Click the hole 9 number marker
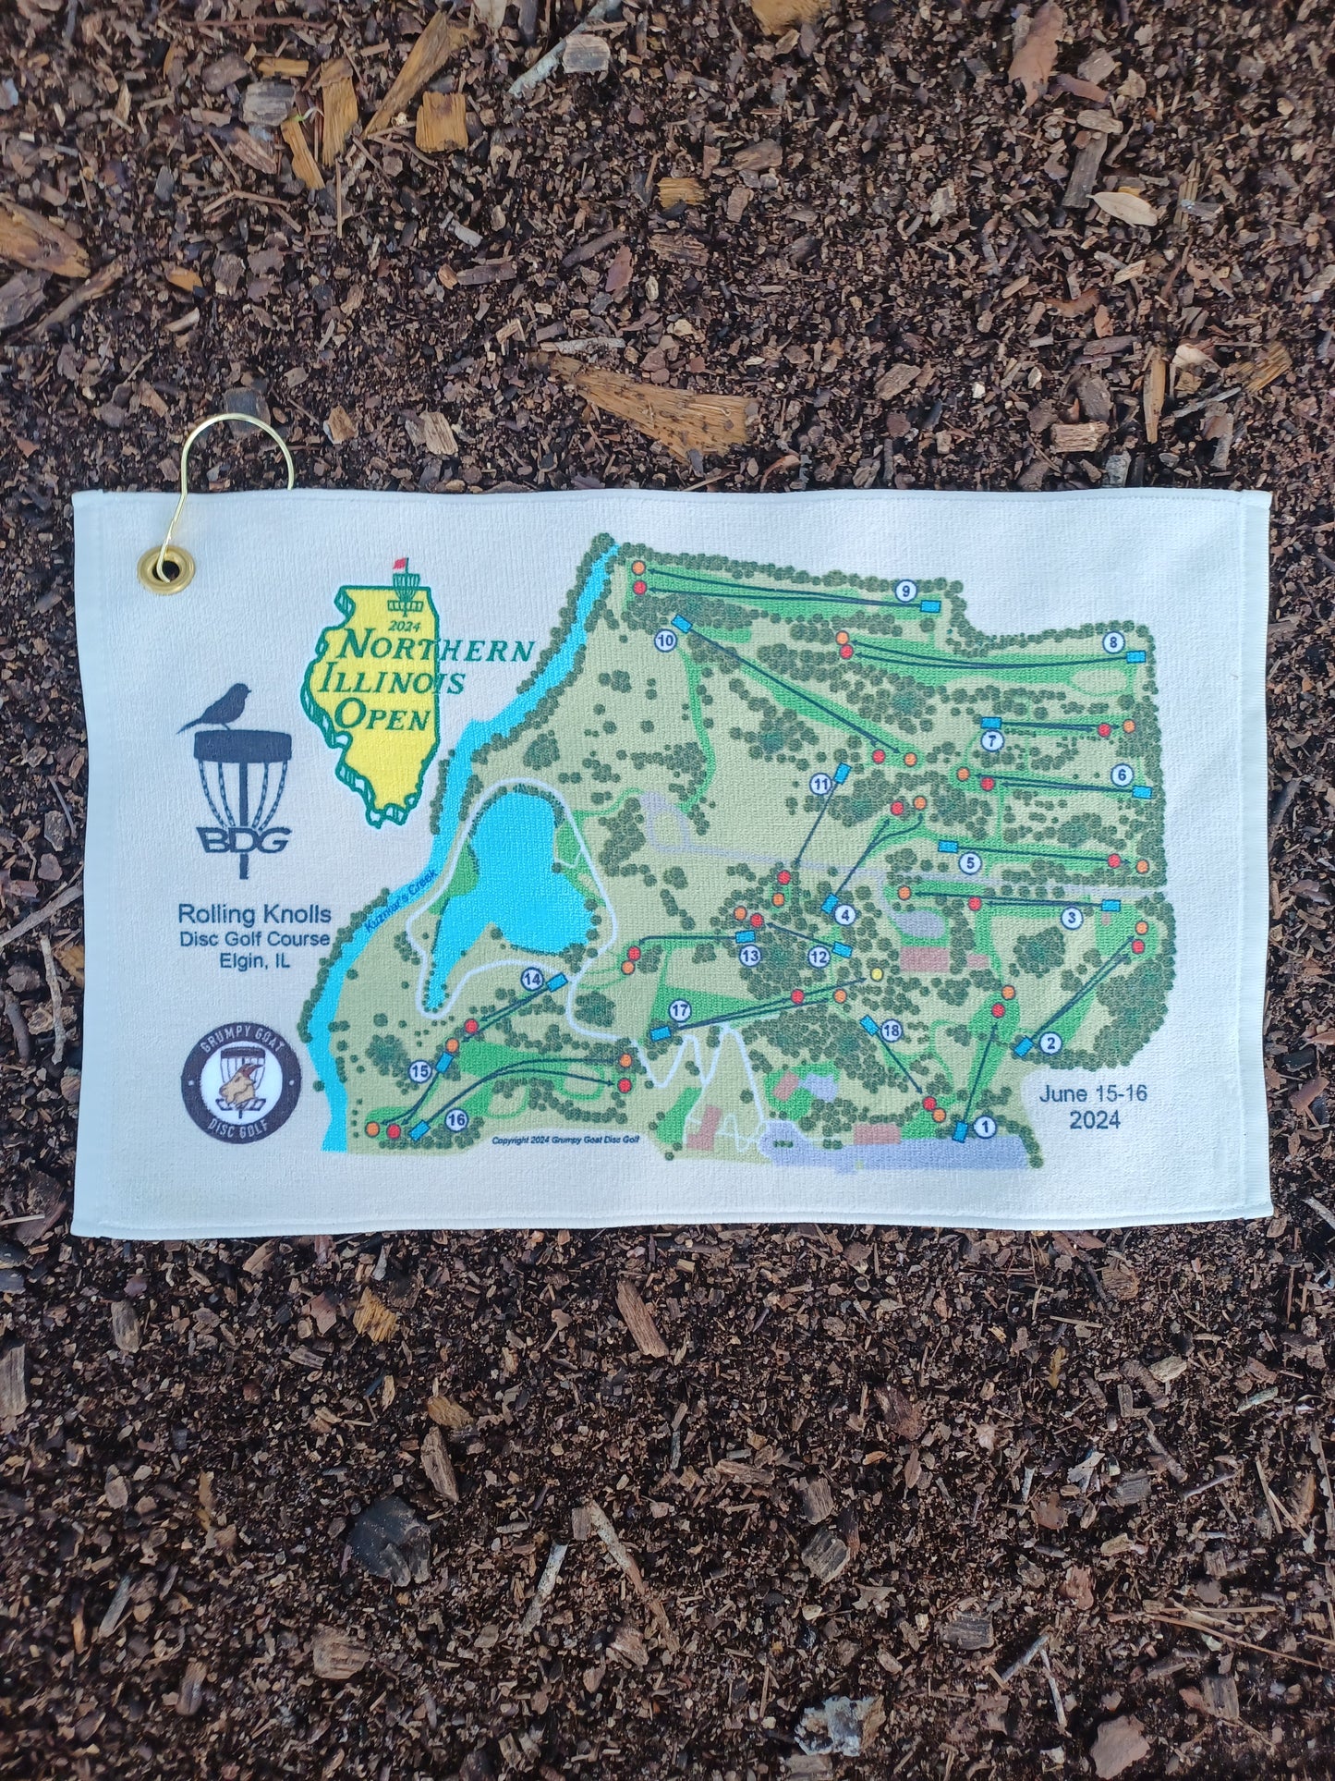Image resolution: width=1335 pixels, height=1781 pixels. point(904,591)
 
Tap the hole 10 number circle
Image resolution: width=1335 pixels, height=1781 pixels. point(665,639)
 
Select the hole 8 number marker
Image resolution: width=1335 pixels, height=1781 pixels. point(1114,641)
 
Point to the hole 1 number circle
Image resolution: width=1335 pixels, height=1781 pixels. point(985,1126)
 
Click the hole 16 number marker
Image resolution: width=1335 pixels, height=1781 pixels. point(455,1119)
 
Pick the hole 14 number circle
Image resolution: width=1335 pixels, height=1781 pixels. point(530,977)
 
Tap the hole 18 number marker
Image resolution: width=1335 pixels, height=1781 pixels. point(891,1031)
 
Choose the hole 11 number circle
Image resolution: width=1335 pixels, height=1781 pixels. point(820,785)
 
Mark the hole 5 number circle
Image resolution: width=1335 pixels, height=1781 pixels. point(969,863)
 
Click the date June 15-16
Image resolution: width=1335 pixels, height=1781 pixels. point(1094,1093)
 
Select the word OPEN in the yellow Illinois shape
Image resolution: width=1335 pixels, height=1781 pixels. point(384,715)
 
